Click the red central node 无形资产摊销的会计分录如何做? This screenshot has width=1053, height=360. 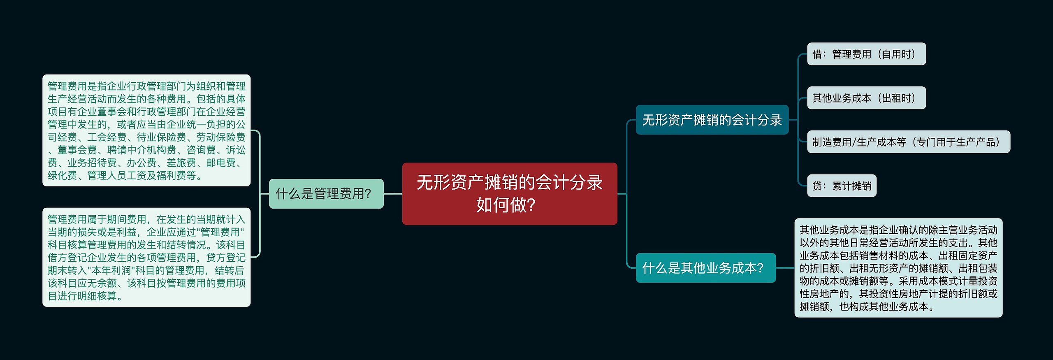[509, 193]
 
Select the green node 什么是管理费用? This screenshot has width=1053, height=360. [326, 193]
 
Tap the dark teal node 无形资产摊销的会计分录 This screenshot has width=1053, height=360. [712, 120]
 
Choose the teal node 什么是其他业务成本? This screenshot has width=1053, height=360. [705, 268]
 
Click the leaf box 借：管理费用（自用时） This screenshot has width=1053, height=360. [866, 54]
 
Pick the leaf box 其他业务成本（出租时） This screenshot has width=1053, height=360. [866, 98]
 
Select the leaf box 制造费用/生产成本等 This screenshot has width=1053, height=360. [908, 142]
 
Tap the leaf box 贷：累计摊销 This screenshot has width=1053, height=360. [841, 186]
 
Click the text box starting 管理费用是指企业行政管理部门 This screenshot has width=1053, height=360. [146, 130]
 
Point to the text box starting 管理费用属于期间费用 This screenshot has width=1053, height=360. [146, 257]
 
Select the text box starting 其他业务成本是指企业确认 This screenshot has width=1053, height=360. [898, 268]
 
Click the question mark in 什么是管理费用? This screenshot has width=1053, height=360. [368, 193]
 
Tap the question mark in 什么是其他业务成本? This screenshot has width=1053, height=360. [760, 268]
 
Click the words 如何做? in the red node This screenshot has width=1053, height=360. [506, 204]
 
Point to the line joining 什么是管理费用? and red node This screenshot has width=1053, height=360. [393, 193]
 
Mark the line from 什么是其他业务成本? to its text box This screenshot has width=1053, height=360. [785, 268]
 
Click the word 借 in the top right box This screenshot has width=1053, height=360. [817, 54]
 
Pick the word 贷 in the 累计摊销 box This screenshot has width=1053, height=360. [817, 186]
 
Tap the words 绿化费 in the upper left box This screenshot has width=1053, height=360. [62, 176]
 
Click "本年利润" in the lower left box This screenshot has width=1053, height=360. [107, 270]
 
